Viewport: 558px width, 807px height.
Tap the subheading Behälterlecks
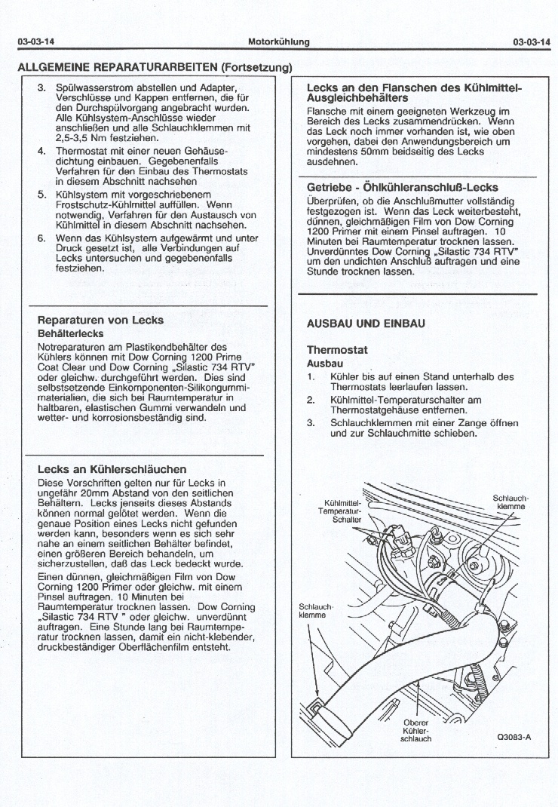[x=70, y=333]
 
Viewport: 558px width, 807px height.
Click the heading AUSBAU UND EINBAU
[x=366, y=323]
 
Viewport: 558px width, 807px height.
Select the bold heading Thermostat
[x=336, y=350]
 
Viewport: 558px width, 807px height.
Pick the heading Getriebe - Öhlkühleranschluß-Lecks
[x=402, y=187]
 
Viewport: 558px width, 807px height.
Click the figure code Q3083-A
[x=514, y=738]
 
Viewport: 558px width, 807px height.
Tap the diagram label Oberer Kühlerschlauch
[x=415, y=731]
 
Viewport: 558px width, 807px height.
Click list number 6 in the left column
[x=41, y=238]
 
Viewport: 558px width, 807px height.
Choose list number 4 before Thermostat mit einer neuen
[x=41, y=151]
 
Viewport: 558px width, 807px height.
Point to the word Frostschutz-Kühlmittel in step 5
[x=106, y=204]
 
